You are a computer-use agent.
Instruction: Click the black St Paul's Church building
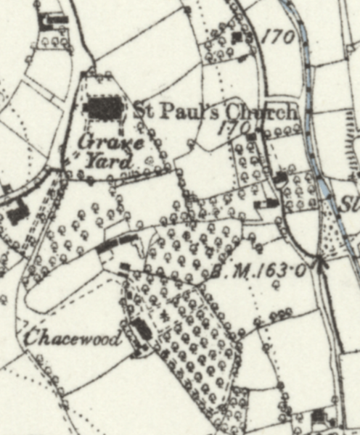pos(105,110)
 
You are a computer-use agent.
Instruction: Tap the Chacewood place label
pos(72,339)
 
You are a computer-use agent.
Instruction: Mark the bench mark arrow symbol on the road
pos(319,261)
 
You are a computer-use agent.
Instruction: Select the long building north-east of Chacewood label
pos(116,244)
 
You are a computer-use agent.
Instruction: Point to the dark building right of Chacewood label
pos(143,330)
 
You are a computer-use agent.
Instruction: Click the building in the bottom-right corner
pos(319,415)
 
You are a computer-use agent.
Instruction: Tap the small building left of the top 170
pos(238,37)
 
